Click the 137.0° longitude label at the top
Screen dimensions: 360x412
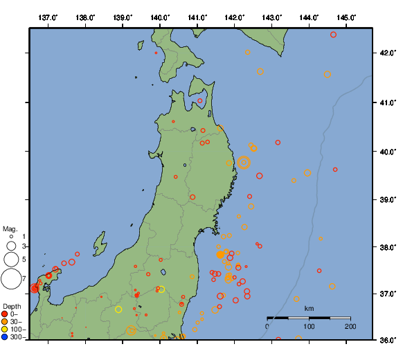click(48, 17)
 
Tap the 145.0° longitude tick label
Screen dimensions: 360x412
click(347, 17)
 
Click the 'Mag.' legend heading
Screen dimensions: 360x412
click(10, 228)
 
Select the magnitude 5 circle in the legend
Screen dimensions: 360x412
click(11, 259)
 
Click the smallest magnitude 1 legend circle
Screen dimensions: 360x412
click(11, 237)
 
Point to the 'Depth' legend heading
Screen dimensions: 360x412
click(12, 306)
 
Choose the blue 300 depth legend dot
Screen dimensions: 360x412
click(5, 337)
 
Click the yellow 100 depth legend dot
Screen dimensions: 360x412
click(5, 330)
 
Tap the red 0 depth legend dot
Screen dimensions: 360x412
click(5, 314)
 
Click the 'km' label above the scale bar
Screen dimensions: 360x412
click(309, 308)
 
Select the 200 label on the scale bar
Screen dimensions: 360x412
click(350, 326)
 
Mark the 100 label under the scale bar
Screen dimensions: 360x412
click(309, 326)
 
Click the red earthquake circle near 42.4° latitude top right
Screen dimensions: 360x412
click(334, 35)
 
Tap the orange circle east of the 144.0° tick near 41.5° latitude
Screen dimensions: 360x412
click(328, 74)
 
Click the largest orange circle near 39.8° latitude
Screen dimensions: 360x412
click(244, 163)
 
